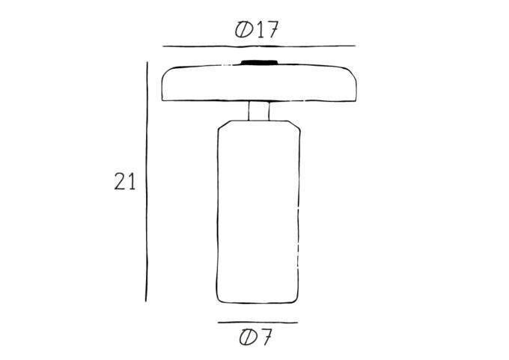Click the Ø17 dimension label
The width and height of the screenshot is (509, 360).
257,30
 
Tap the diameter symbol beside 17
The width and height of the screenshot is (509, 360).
244,30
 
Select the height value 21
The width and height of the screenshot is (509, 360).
125,181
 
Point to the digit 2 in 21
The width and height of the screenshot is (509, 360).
120,181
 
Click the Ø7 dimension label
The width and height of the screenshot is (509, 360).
255,338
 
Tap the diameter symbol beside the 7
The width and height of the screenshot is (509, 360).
248,338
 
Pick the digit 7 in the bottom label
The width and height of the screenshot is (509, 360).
265,337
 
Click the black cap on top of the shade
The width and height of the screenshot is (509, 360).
259,62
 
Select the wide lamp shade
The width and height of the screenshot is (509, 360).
259,83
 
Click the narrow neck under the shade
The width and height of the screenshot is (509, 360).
259,111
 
